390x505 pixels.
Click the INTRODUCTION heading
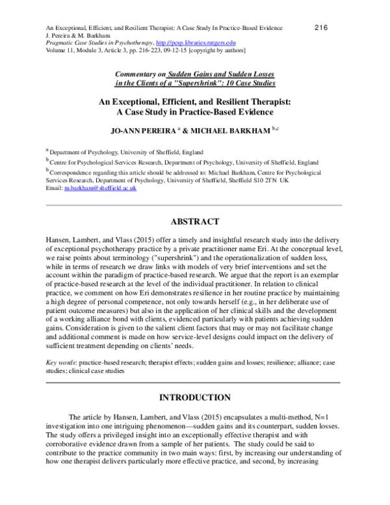tap(195, 396)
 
